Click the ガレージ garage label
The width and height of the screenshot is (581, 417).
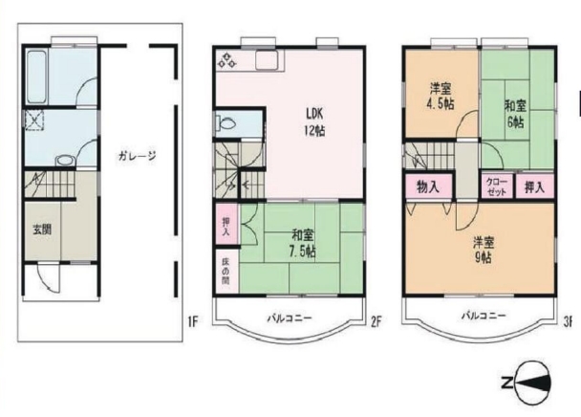[x=137, y=156]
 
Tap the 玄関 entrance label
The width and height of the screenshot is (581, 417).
[x=42, y=230]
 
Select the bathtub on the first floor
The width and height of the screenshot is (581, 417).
[x=37, y=77]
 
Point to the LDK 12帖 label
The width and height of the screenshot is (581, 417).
[x=314, y=122]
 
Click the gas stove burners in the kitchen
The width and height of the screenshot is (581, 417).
[x=226, y=60]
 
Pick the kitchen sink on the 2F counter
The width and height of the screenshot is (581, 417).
[x=267, y=60]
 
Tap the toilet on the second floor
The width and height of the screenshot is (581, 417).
[x=226, y=122]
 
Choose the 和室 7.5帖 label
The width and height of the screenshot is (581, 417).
[x=302, y=243]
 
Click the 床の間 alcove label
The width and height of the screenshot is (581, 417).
[x=226, y=272]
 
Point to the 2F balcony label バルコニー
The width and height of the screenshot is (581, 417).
[x=290, y=318]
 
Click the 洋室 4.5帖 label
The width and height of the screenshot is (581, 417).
[x=441, y=97]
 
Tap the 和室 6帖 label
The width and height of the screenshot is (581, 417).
[x=515, y=114]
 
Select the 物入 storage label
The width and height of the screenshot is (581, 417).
[x=428, y=187]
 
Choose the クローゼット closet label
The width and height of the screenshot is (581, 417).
[x=497, y=187]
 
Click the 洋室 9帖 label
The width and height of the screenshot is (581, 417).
[x=484, y=250]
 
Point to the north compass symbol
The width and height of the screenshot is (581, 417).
[x=527, y=383]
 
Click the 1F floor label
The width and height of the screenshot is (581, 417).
[x=193, y=321]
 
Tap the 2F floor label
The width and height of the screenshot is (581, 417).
[x=376, y=321]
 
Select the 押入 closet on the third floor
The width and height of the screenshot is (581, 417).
[x=534, y=187]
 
